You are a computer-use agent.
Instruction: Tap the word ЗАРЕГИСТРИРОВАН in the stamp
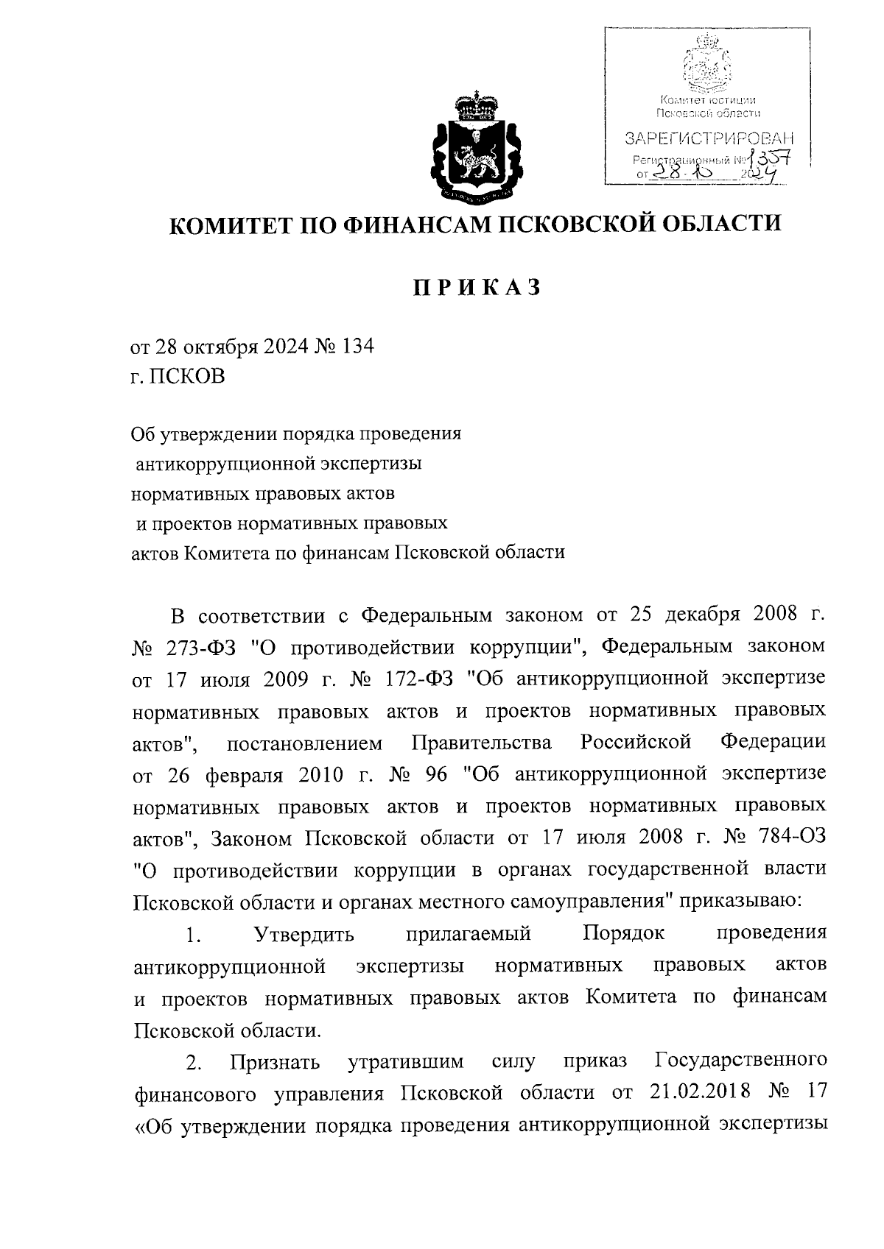pyautogui.click(x=709, y=138)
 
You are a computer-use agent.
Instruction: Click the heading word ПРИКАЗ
pyautogui.click(x=475, y=287)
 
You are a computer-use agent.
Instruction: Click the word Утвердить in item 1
pyautogui.click(x=304, y=935)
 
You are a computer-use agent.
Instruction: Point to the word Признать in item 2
pyautogui.click(x=274, y=1063)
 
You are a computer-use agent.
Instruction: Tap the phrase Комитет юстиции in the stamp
pyautogui.click(x=708, y=99)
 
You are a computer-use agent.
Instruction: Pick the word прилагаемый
pyautogui.click(x=469, y=935)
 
